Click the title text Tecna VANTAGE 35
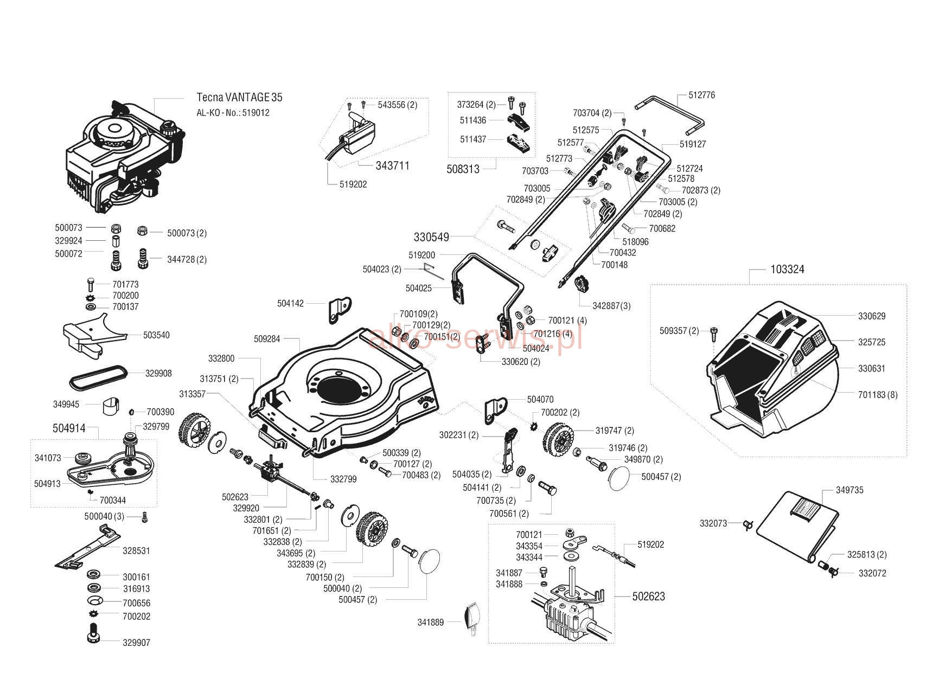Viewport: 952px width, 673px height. click(x=239, y=98)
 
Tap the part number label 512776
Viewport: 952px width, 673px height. click(x=702, y=95)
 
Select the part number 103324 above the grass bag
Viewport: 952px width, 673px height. click(x=787, y=270)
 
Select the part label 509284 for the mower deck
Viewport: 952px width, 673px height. click(x=267, y=339)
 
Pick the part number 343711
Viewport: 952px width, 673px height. click(x=392, y=165)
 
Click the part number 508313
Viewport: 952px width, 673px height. click(x=463, y=169)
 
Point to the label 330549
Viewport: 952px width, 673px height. click(x=431, y=237)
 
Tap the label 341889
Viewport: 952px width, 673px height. click(x=431, y=623)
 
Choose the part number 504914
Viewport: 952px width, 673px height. click(x=69, y=428)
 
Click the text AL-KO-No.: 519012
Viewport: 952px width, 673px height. click(x=233, y=113)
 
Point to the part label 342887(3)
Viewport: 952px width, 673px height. click(x=611, y=306)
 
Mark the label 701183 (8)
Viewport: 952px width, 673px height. click(x=878, y=395)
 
